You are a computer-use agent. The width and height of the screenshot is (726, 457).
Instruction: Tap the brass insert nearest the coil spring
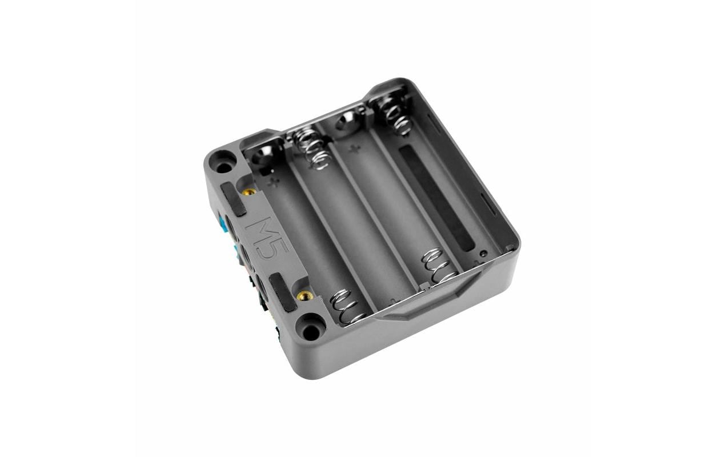click(305, 295)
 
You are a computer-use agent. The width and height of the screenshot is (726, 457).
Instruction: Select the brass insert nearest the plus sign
click(248, 193)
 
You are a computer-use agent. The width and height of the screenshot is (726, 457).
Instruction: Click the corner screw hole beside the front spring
click(311, 330)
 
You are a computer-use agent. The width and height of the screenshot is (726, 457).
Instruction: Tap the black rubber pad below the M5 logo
click(283, 291)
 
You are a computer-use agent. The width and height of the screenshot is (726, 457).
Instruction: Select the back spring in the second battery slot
click(311, 147)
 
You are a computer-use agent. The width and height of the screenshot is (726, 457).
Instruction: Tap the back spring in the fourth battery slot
click(394, 114)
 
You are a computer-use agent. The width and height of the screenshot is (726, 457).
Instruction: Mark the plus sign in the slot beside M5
click(275, 183)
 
